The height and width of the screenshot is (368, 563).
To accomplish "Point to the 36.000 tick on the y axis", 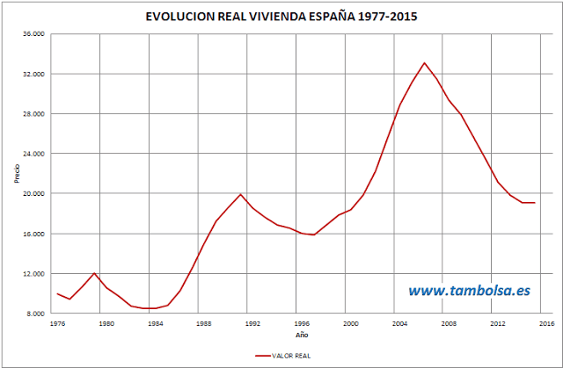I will point(33,34).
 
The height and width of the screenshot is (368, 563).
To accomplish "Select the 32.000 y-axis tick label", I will point(33,74).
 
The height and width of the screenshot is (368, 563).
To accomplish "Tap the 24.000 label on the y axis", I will point(33,154).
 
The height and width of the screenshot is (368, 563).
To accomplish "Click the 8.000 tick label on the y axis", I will point(35,313).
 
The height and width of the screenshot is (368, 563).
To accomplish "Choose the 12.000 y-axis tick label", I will point(33,273).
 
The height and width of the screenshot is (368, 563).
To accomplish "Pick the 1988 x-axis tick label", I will point(203,323).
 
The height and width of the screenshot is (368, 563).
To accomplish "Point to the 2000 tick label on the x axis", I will point(350,323).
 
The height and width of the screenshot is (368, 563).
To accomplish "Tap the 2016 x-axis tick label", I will point(546,323).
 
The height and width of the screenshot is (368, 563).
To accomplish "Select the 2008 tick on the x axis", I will point(449,323).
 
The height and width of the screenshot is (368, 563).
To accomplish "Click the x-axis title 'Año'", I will point(301,335).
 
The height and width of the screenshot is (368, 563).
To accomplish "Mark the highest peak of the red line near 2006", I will point(424,63).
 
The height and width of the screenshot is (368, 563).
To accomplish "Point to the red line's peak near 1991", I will point(240,194).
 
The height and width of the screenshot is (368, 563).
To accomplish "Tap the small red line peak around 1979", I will point(94,273).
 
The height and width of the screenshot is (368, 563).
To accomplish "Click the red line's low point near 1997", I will point(314,235).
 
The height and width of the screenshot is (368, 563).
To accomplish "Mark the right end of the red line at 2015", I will point(534,203).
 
